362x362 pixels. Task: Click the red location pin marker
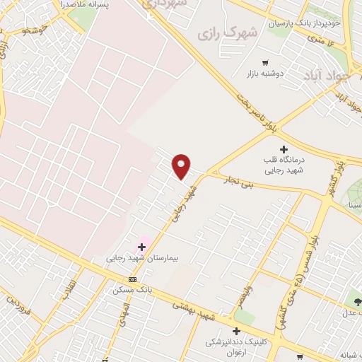pyautogui.click(x=182, y=166)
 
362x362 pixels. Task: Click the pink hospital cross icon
pyautogui.click(x=141, y=247)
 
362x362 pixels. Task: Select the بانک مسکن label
pyautogui.click(x=133, y=289)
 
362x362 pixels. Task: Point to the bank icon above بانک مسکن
pyautogui.click(x=132, y=279)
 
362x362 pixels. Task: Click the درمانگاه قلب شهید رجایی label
pyautogui.click(x=284, y=165)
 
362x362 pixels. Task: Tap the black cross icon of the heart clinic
pyautogui.click(x=284, y=149)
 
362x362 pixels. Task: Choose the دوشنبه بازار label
pyautogui.click(x=264, y=74)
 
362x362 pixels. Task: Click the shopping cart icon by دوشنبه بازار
pyautogui.click(x=265, y=63)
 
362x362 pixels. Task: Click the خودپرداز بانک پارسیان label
pyautogui.click(x=304, y=23)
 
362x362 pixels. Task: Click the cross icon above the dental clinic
pyautogui.click(x=238, y=331)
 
